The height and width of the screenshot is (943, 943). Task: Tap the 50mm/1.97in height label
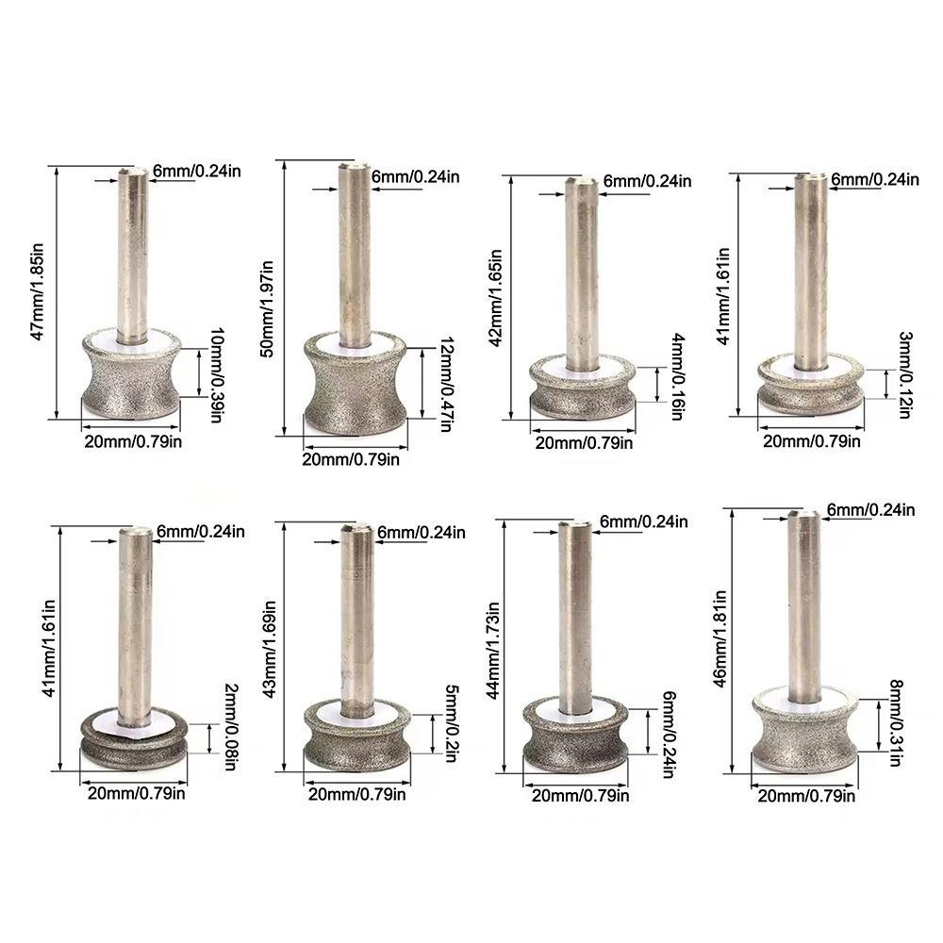point(269,300)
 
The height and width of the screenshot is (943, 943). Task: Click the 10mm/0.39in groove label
point(215,375)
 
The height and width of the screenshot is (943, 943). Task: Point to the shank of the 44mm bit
point(574,613)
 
